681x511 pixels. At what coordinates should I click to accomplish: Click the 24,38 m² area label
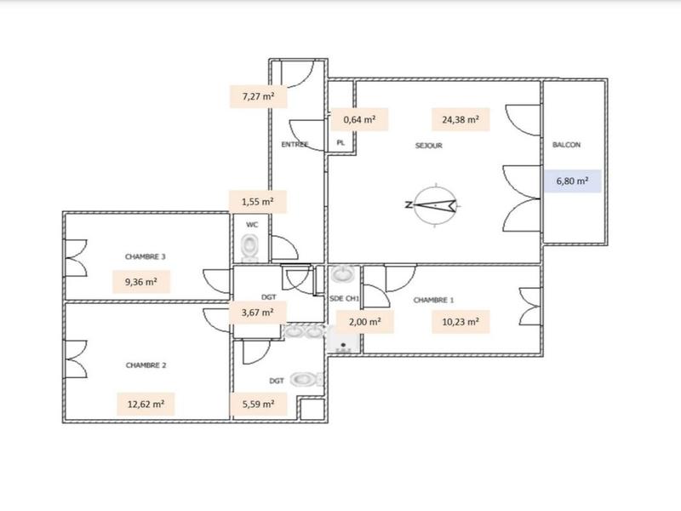pyautogui.click(x=460, y=120)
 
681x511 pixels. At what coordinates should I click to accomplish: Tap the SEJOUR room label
pyautogui.click(x=428, y=146)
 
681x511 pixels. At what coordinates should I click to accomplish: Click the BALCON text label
pyautogui.click(x=566, y=145)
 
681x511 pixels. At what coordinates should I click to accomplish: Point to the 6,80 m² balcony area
pyautogui.click(x=572, y=181)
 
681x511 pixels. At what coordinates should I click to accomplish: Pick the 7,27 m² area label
pyautogui.click(x=258, y=96)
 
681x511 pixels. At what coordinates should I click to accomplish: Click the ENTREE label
pyautogui.click(x=295, y=145)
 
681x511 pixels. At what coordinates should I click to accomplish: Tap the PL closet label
pyautogui.click(x=340, y=143)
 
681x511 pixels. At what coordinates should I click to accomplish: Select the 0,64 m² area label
pyautogui.click(x=359, y=120)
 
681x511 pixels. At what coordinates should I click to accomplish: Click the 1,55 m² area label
pyautogui.click(x=257, y=202)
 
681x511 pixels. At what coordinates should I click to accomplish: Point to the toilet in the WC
pyautogui.click(x=250, y=247)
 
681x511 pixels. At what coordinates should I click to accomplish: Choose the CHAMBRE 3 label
pyautogui.click(x=145, y=255)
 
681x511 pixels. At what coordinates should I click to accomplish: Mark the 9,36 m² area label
pyautogui.click(x=141, y=281)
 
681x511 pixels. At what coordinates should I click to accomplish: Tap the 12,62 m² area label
pyautogui.click(x=145, y=404)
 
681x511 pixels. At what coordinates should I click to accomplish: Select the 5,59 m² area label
pyautogui.click(x=257, y=404)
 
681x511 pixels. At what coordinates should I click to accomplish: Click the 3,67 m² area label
pyautogui.click(x=257, y=312)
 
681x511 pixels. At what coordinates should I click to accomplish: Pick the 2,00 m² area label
pyautogui.click(x=364, y=323)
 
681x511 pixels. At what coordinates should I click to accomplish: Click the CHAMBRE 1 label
pyautogui.click(x=433, y=300)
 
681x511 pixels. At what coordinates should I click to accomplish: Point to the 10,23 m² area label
pyautogui.click(x=461, y=323)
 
